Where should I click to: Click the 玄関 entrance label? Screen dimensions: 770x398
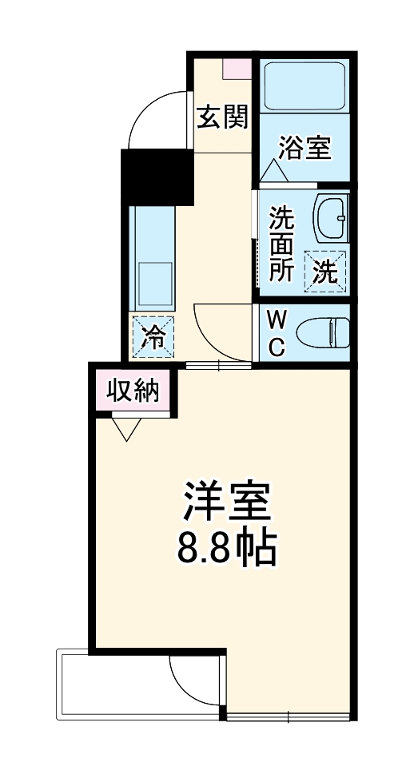pyautogui.click(x=223, y=117)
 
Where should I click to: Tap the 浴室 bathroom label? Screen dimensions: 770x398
pyautogui.click(x=304, y=148)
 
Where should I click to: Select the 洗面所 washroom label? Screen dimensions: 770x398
pyautogui.click(x=281, y=243)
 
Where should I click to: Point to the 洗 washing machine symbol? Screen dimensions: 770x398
pyautogui.click(x=324, y=272)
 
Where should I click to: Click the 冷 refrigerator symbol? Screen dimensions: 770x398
pyautogui.click(x=153, y=337)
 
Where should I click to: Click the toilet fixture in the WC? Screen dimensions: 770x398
pyautogui.click(x=324, y=331)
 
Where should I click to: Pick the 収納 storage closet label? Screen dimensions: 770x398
pyautogui.click(x=133, y=391)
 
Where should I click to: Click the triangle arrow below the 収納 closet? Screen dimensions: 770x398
pyautogui.click(x=125, y=429)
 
